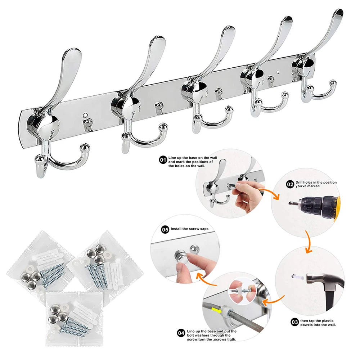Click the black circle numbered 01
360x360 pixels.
163,160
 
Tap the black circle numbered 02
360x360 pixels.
290,184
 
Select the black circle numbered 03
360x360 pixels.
294,322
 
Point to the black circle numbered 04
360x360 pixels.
181,333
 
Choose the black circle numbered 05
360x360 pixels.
165,229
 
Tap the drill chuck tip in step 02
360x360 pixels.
291,203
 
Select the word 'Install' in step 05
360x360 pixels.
176,229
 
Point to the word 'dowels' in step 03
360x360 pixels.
306,325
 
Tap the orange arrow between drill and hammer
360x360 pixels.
309,242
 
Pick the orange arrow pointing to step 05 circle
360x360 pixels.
206,279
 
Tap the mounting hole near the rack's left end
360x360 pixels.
85,114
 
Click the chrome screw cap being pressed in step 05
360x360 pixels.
180,255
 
